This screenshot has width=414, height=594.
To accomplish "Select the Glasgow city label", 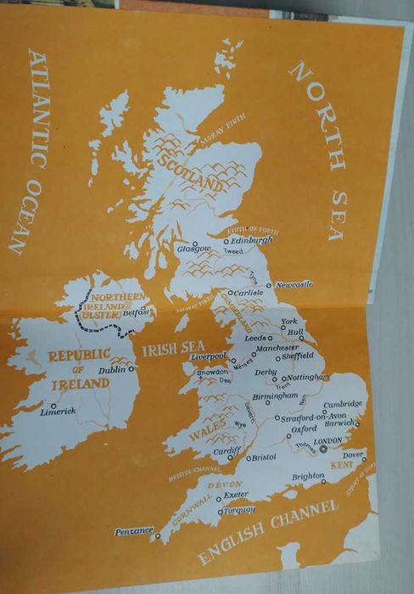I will (191, 248).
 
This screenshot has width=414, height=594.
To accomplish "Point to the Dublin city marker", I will (132, 370).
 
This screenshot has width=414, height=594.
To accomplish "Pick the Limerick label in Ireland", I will (59, 412).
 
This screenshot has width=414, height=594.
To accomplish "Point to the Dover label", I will (353, 455).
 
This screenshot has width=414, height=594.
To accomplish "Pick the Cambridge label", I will (343, 404).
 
